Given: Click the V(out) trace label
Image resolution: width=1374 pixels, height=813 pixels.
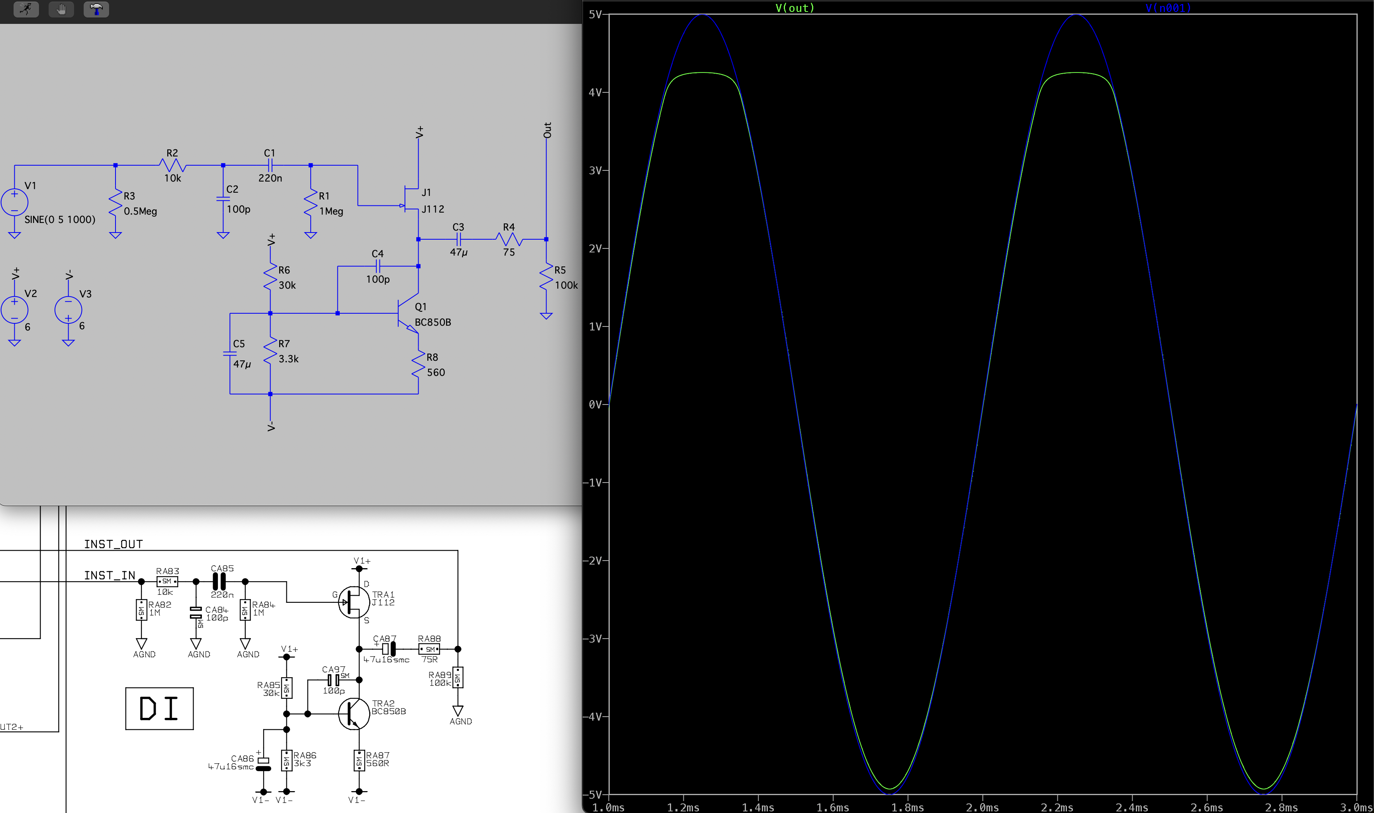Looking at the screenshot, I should click(795, 8).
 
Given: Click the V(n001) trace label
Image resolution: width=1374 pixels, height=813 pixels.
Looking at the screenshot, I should click(1168, 8).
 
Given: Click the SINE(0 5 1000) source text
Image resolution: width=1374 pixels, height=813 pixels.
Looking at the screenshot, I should click(60, 220).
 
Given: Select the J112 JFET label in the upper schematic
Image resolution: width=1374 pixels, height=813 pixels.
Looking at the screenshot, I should click(433, 209).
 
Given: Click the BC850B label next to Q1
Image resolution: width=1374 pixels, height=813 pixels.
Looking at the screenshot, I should click(433, 322).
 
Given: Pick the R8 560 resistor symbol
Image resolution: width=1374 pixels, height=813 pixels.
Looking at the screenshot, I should click(419, 364).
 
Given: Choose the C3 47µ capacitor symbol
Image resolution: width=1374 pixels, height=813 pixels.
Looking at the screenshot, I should click(458, 239).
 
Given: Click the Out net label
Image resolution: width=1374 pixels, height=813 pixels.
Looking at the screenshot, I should click(547, 130).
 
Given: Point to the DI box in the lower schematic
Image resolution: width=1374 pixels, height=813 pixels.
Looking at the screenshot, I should click(159, 708).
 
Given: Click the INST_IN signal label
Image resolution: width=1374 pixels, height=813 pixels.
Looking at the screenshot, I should click(110, 575).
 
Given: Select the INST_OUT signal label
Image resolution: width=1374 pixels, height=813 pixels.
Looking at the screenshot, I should click(114, 544).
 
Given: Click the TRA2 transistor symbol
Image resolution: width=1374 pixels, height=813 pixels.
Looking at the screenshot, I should click(353, 714).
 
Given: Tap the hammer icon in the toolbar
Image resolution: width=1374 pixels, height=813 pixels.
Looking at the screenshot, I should click(96, 9).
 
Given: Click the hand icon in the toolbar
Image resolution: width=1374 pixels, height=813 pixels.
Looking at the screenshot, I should click(61, 9).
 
